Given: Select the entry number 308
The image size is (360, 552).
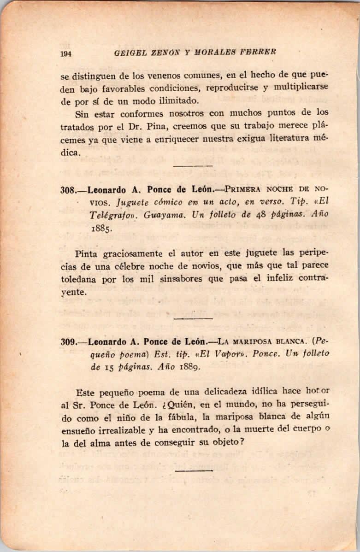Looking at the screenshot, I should tap(68, 189).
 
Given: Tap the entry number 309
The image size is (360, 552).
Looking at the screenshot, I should tap(68, 342).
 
